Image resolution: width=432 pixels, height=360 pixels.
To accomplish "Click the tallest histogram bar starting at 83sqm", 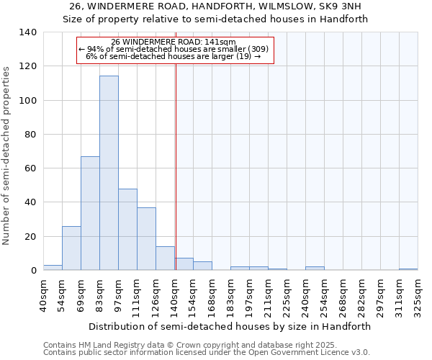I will point(109,173).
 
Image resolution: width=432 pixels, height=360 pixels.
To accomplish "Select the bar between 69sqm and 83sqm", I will point(90,213).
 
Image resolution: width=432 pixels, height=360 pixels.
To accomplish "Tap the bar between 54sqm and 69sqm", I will point(71,248).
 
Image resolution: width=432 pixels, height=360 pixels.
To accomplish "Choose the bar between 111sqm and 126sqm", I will point(146,238).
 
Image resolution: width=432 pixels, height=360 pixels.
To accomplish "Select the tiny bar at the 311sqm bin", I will point(408,269).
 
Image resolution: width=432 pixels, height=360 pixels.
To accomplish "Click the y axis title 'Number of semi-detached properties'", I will point(7,156).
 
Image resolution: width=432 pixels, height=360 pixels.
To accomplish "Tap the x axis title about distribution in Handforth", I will point(230,326).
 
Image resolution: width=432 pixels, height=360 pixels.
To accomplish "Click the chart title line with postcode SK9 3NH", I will point(216,6).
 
